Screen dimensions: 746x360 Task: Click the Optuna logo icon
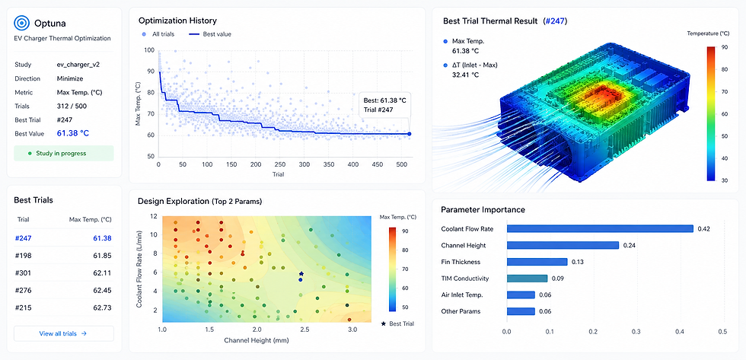[x=22, y=22]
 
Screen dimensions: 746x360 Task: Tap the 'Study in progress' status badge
[x=64, y=153]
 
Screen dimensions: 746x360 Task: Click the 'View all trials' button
[x=64, y=333]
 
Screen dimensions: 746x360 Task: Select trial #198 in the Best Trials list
[x=23, y=256]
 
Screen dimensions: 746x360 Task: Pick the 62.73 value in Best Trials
[x=102, y=307]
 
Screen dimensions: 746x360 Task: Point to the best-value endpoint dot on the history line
[x=410, y=134]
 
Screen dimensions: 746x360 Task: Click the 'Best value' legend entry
[x=210, y=34]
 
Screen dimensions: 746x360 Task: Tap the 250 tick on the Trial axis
[x=280, y=164]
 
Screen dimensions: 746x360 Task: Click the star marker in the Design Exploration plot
[x=301, y=274]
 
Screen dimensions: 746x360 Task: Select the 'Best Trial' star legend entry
[x=397, y=324]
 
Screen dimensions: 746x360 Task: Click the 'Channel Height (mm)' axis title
[x=257, y=340]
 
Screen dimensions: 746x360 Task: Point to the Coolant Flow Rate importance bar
[x=600, y=229]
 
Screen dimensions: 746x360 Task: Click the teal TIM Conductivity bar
[x=527, y=279]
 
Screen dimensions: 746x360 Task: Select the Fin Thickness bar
[x=537, y=262]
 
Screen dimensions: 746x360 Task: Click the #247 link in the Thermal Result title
[x=555, y=21]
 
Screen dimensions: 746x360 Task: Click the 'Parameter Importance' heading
[x=483, y=210]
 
